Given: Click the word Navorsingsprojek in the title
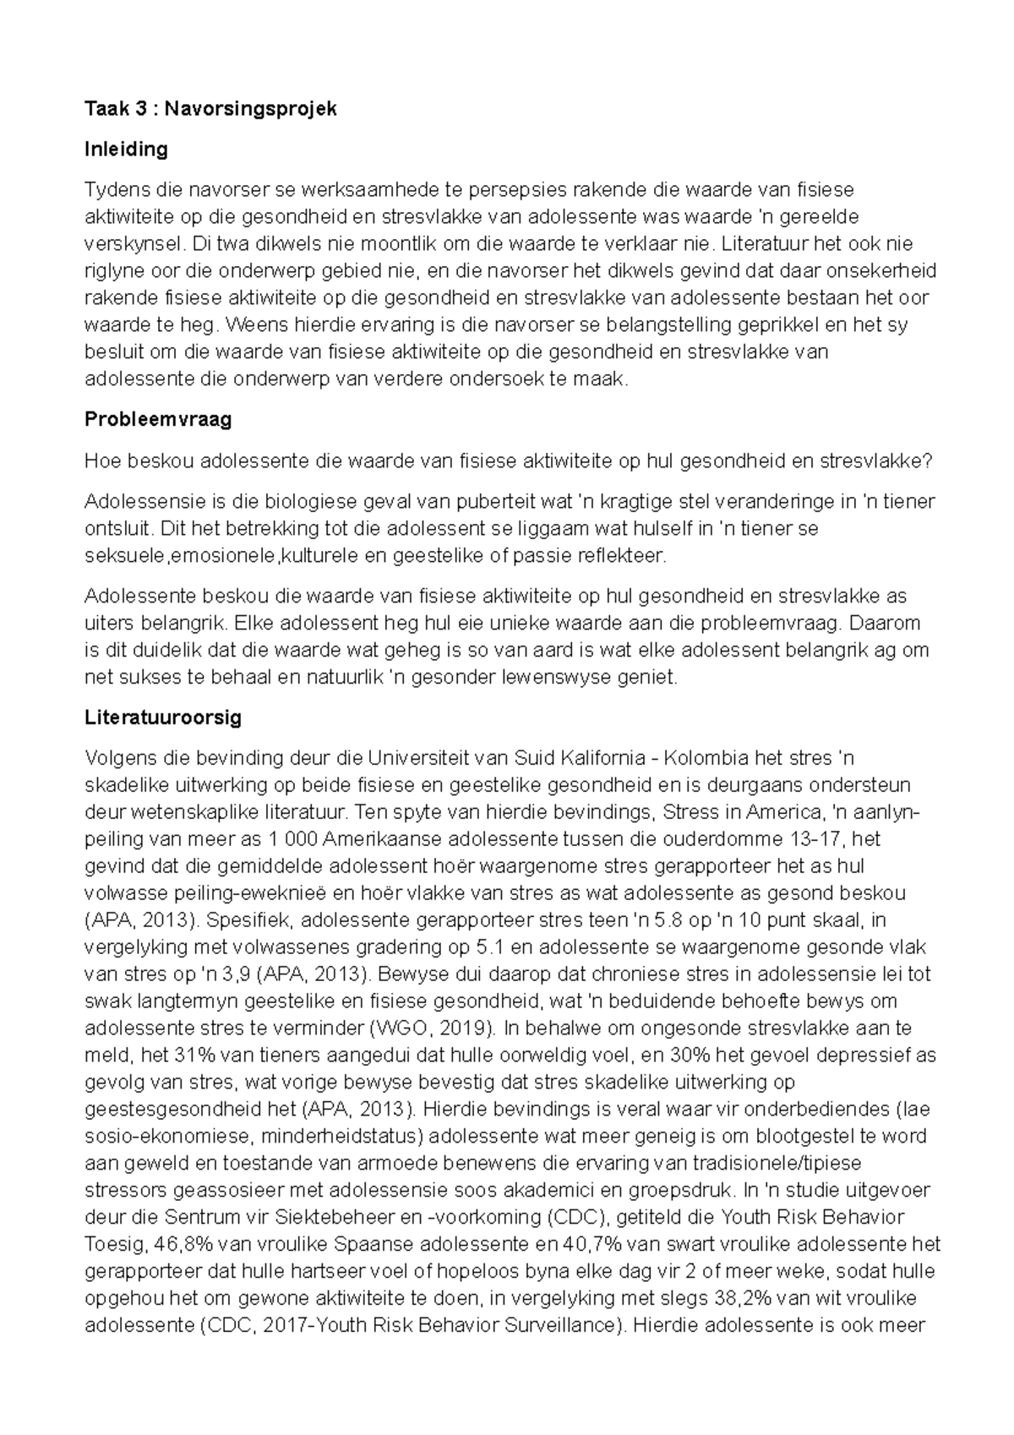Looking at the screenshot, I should point(250,109).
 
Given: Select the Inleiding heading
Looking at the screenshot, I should point(126,150).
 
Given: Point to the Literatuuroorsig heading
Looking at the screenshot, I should point(163,717).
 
